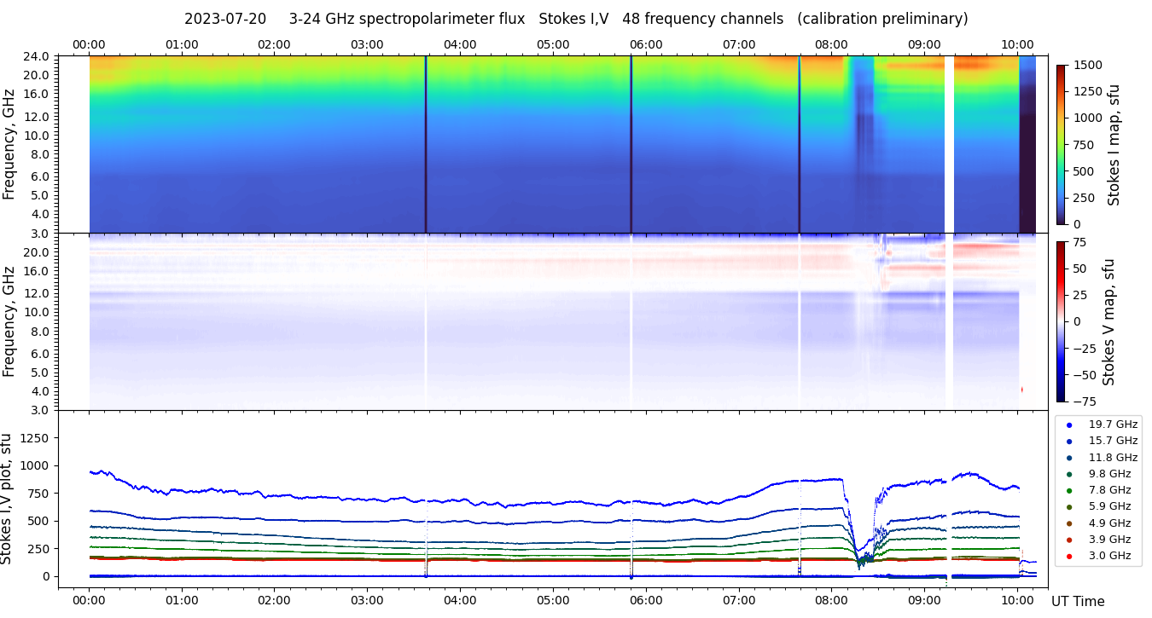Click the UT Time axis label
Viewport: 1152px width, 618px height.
click(1078, 602)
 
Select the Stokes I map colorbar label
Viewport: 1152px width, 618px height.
click(1114, 145)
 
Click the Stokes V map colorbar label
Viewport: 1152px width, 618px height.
click(1108, 321)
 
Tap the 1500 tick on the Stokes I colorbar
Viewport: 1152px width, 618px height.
click(1089, 65)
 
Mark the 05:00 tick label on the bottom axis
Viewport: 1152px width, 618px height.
click(553, 598)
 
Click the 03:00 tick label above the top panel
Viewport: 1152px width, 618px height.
click(367, 44)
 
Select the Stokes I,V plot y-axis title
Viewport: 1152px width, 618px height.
click(8, 499)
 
